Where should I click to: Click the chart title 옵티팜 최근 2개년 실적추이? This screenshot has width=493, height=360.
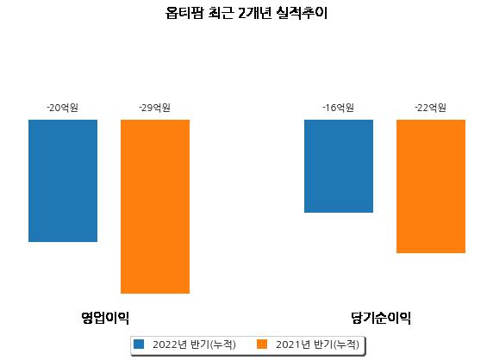(246, 13)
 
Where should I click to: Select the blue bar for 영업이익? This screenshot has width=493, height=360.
(63, 181)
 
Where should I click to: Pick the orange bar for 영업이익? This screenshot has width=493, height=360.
(155, 207)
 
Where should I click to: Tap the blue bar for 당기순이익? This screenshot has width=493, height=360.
(339, 166)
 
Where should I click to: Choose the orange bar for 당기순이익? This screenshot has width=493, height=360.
(431, 186)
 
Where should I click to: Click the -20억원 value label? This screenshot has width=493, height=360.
(63, 108)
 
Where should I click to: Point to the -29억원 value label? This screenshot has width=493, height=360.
(154, 108)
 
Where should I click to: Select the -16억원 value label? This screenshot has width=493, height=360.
(339, 108)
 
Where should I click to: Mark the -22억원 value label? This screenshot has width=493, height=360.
(430, 108)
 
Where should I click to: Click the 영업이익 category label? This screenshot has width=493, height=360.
(105, 318)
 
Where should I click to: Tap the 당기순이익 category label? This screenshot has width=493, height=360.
(381, 318)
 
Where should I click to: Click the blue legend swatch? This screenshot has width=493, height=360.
(139, 344)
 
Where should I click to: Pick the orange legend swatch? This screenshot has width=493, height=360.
(262, 344)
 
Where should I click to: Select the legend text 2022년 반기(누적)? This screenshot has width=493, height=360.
(194, 344)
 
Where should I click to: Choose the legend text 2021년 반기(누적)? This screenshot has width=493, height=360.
(317, 344)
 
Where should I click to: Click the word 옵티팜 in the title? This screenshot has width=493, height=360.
(184, 13)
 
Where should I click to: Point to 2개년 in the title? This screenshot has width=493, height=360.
(255, 13)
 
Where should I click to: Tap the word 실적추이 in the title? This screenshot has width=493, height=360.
(302, 13)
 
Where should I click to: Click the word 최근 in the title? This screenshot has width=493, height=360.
(221, 13)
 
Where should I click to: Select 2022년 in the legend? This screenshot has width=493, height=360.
(170, 344)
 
